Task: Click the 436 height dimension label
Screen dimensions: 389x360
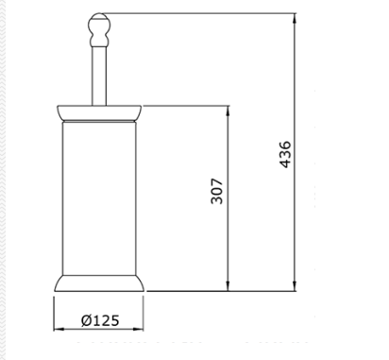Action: (x=285, y=154)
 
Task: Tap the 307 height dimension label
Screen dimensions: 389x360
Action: (x=217, y=191)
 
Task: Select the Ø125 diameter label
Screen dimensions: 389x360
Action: (x=100, y=320)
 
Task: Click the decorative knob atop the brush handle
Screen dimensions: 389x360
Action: (x=99, y=29)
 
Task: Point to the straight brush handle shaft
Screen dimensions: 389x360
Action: (x=99, y=76)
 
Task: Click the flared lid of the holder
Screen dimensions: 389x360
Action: (x=99, y=112)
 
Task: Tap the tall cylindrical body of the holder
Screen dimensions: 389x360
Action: (x=99, y=198)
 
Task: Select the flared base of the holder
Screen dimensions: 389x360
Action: (x=99, y=283)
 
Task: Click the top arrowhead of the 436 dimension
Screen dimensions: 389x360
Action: (x=295, y=18)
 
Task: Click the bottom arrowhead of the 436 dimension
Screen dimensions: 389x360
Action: (x=295, y=286)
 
